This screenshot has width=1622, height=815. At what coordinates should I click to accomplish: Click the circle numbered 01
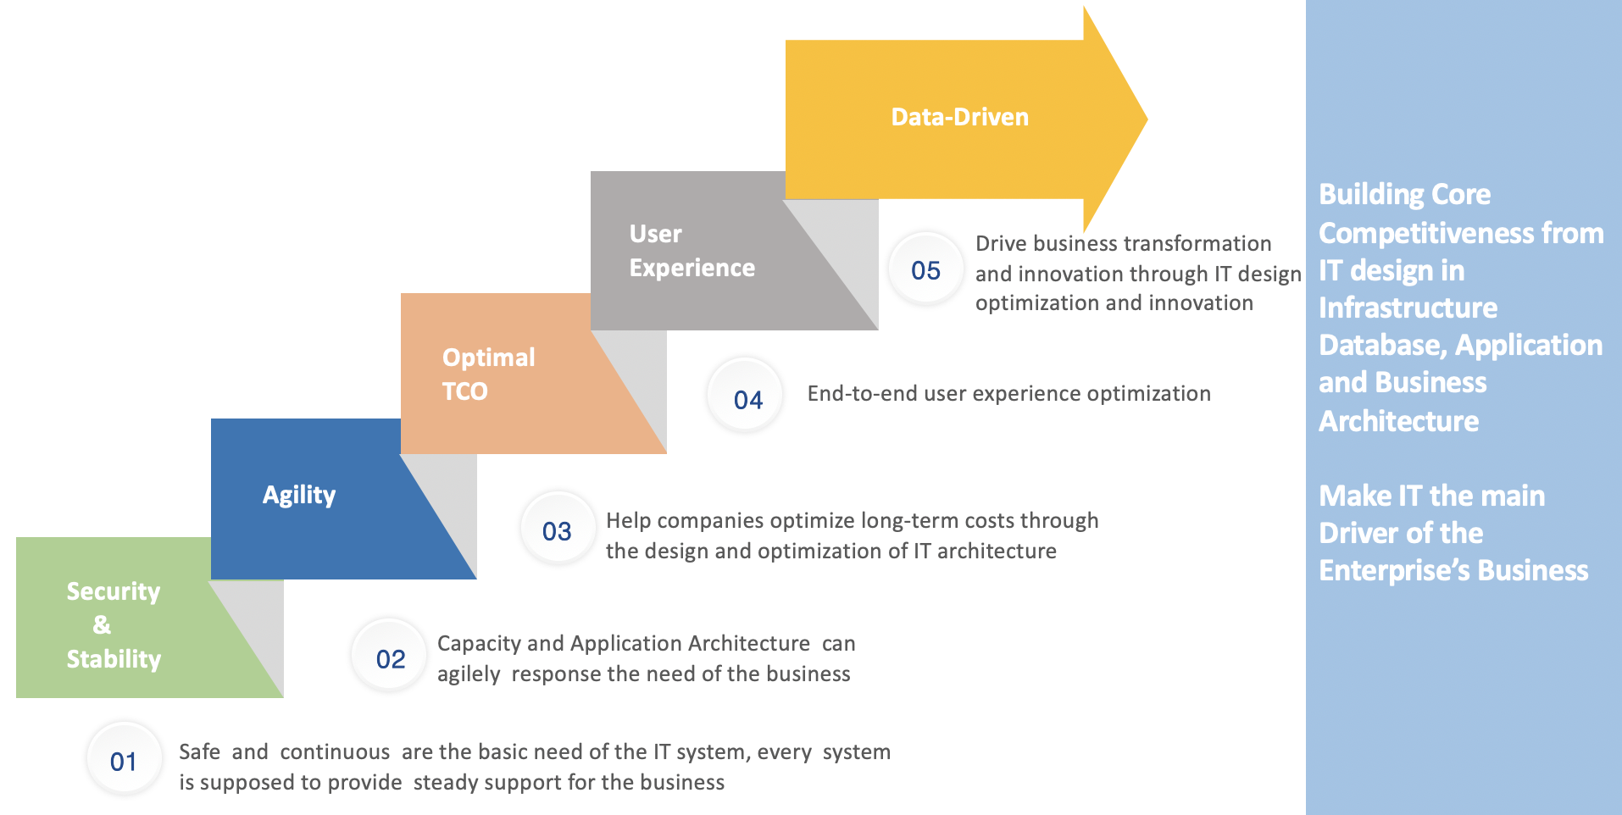(x=124, y=760)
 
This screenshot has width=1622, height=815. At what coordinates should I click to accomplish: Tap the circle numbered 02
(x=390, y=657)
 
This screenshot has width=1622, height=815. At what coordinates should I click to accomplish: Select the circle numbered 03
(x=558, y=529)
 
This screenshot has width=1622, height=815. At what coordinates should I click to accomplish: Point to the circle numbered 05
(x=926, y=269)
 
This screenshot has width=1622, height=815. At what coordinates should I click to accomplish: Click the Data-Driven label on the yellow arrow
(x=960, y=117)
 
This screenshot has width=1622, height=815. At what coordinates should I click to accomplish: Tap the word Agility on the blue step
(x=299, y=495)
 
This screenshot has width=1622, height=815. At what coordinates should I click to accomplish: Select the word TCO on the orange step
(x=465, y=391)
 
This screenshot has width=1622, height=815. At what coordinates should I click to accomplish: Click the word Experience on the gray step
(x=692, y=269)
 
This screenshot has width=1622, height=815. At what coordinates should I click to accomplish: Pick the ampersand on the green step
(x=102, y=625)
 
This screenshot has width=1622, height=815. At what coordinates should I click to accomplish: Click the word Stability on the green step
(x=114, y=659)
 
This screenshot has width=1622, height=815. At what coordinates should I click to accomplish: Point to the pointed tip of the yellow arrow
(x=1147, y=119)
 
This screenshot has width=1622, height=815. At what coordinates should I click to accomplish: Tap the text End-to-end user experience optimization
(x=1009, y=394)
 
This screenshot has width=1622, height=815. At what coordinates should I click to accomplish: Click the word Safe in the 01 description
(x=200, y=751)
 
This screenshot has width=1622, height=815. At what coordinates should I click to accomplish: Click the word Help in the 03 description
(x=628, y=520)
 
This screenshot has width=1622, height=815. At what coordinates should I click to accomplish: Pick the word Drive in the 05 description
(x=1001, y=244)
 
